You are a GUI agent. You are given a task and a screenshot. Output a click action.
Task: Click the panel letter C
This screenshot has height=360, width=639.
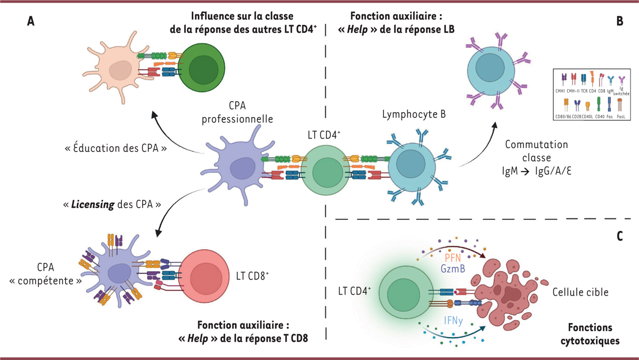point(620,235)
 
